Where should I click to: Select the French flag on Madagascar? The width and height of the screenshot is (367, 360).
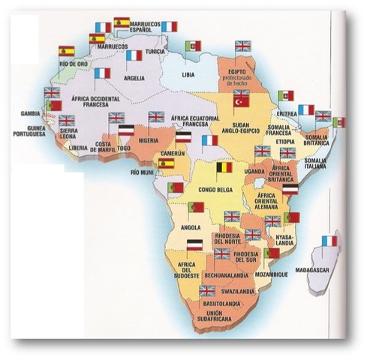[x=328, y=241]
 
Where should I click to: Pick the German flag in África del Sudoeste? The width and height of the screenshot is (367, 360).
[x=194, y=246]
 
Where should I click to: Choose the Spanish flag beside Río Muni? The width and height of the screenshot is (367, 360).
[x=166, y=161]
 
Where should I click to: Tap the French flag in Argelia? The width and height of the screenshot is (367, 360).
[x=134, y=55]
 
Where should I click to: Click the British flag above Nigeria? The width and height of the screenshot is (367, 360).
[x=156, y=117]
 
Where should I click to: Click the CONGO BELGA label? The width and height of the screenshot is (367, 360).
[x=212, y=190]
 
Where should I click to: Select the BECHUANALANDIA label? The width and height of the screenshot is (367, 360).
[x=212, y=277]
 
